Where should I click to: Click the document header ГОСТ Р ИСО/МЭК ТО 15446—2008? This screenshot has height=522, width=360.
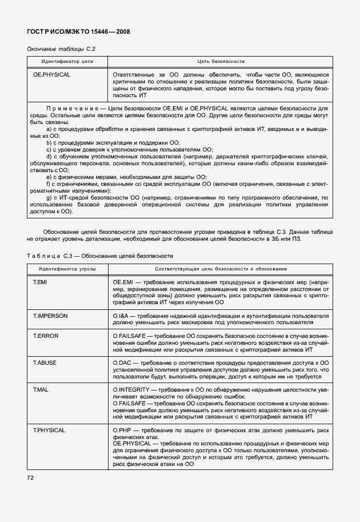(x=78, y=32)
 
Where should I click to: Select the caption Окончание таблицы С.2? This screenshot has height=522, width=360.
(x=61, y=49)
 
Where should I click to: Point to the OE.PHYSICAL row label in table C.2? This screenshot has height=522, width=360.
(x=51, y=75)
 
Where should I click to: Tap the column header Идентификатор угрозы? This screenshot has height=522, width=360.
(x=67, y=268)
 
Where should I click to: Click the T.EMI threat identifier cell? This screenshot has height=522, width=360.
(x=41, y=282)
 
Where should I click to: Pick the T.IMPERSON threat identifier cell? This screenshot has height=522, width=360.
(x=50, y=316)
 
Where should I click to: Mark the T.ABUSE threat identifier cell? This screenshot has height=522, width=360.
(x=45, y=362)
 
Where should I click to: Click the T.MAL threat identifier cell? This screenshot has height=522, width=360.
(x=41, y=389)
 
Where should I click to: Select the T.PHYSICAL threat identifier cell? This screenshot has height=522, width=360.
(x=49, y=430)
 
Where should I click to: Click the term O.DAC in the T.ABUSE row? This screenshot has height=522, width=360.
(x=122, y=362)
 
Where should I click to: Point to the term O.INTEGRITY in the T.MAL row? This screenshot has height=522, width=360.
(x=132, y=389)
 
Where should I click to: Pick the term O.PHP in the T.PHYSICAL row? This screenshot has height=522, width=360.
(x=122, y=430)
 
